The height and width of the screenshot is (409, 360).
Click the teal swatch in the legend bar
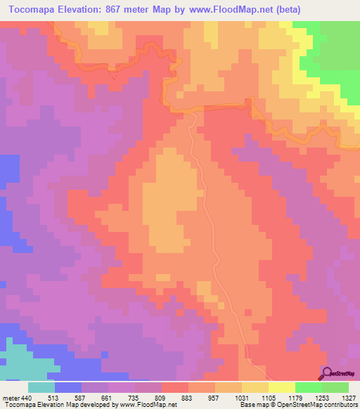[41, 388]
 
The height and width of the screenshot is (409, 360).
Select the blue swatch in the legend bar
[68, 388]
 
